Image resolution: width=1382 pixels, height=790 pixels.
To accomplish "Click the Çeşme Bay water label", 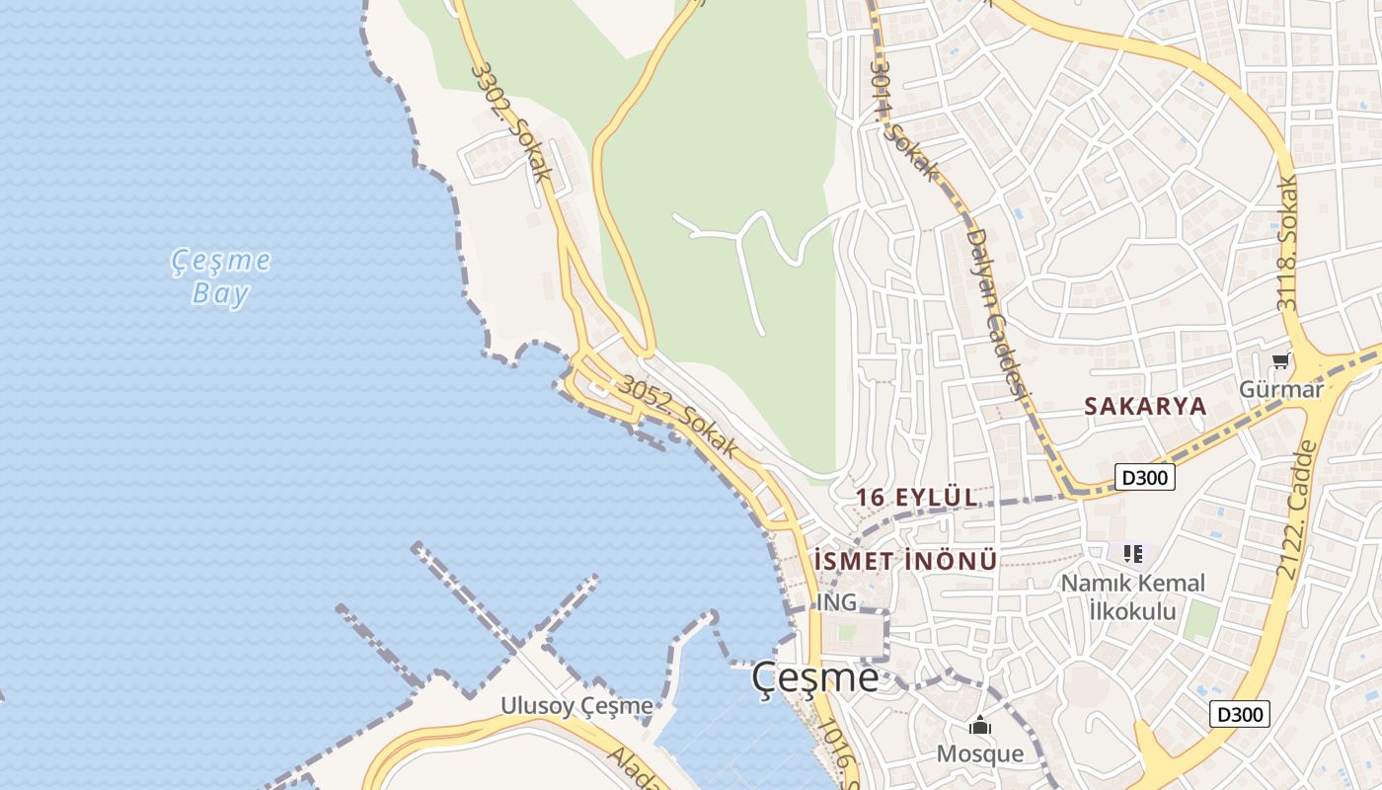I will pyautogui.click(x=221, y=276).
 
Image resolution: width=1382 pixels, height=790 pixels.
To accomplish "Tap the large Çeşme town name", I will pyautogui.click(x=814, y=677).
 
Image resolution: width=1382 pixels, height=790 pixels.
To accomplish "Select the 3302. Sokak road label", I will pyautogui.click(x=510, y=121).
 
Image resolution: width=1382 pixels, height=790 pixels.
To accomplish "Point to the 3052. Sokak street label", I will pyautogui.click(x=677, y=417).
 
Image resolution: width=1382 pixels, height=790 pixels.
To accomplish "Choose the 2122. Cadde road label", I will pyautogui.click(x=1297, y=510).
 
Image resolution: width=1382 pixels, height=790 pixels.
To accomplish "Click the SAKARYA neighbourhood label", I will pyautogui.click(x=1145, y=406).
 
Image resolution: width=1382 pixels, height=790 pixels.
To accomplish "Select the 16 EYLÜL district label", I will pyautogui.click(x=917, y=497).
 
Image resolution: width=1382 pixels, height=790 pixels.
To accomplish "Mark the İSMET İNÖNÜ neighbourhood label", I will pyautogui.click(x=905, y=561).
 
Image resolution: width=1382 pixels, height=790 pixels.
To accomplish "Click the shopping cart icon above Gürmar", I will pyautogui.click(x=1280, y=362).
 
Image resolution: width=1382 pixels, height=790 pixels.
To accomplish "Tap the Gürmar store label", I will pyautogui.click(x=1281, y=389).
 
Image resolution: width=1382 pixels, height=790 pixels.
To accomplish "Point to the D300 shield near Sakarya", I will pyautogui.click(x=1145, y=478).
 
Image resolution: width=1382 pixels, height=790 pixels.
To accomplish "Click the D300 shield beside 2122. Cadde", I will pyautogui.click(x=1239, y=714).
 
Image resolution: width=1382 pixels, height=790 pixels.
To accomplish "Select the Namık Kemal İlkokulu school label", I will pyautogui.click(x=1132, y=596).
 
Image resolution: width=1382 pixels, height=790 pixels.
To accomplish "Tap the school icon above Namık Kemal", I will pyautogui.click(x=1132, y=554).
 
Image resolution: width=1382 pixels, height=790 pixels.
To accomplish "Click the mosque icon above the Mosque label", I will pyautogui.click(x=979, y=727).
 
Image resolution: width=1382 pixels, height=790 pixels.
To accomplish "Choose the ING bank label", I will pyautogui.click(x=836, y=601).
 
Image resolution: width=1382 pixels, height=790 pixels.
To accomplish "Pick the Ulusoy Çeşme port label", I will pyautogui.click(x=576, y=706).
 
